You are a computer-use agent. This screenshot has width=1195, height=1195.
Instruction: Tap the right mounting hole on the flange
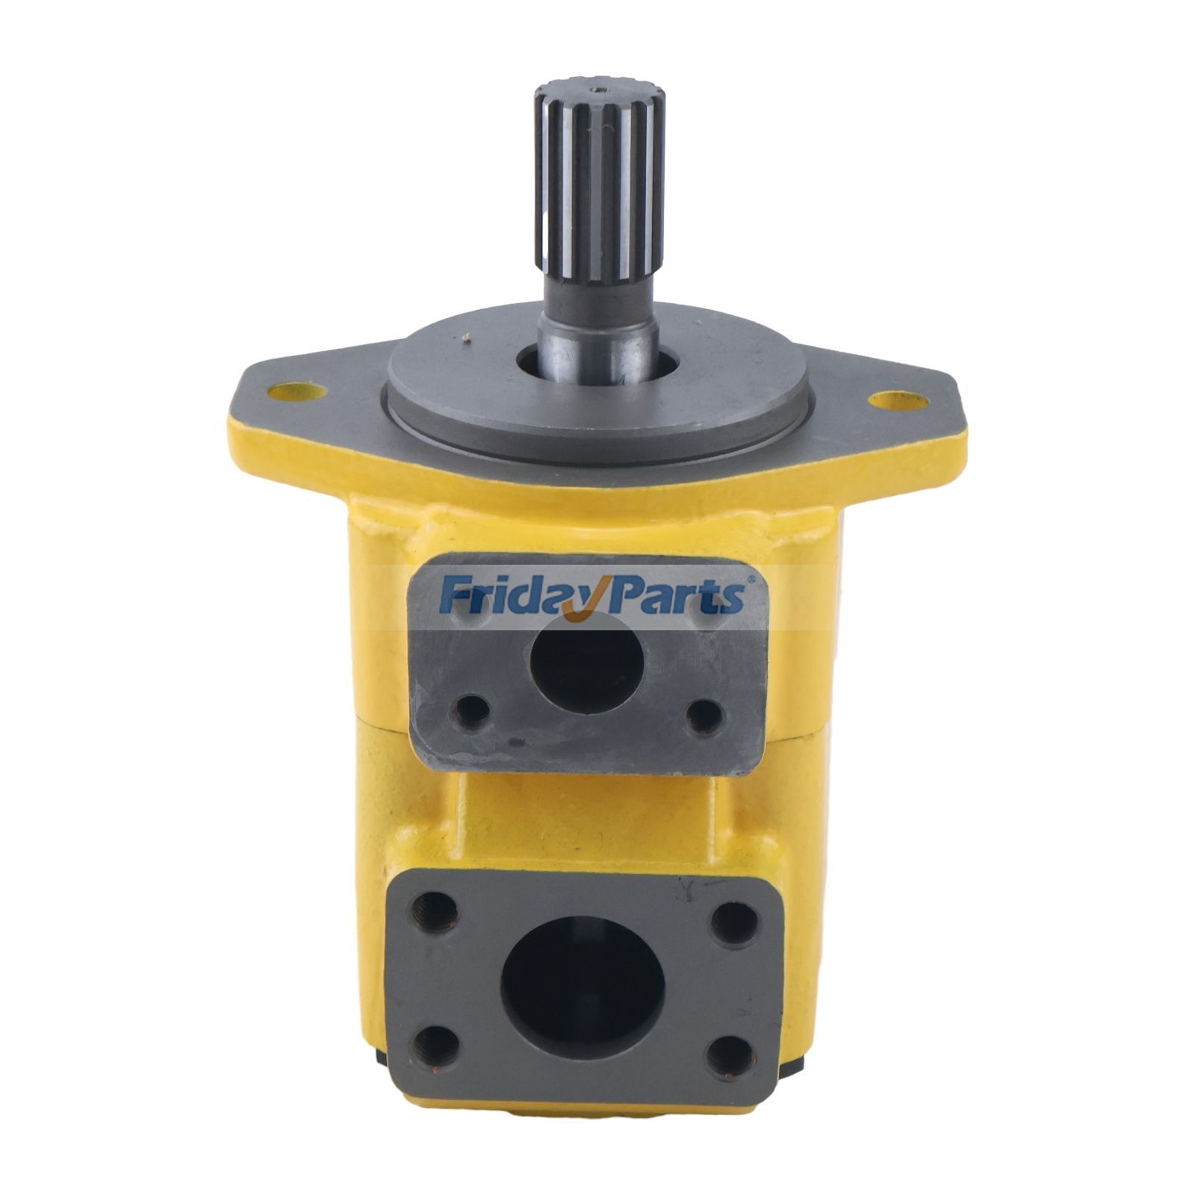(898, 401)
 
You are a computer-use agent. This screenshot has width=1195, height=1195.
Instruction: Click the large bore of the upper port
(587, 662)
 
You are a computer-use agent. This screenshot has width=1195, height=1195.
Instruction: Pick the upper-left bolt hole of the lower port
(435, 910)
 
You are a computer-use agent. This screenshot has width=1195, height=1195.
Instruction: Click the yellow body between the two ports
(590, 822)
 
